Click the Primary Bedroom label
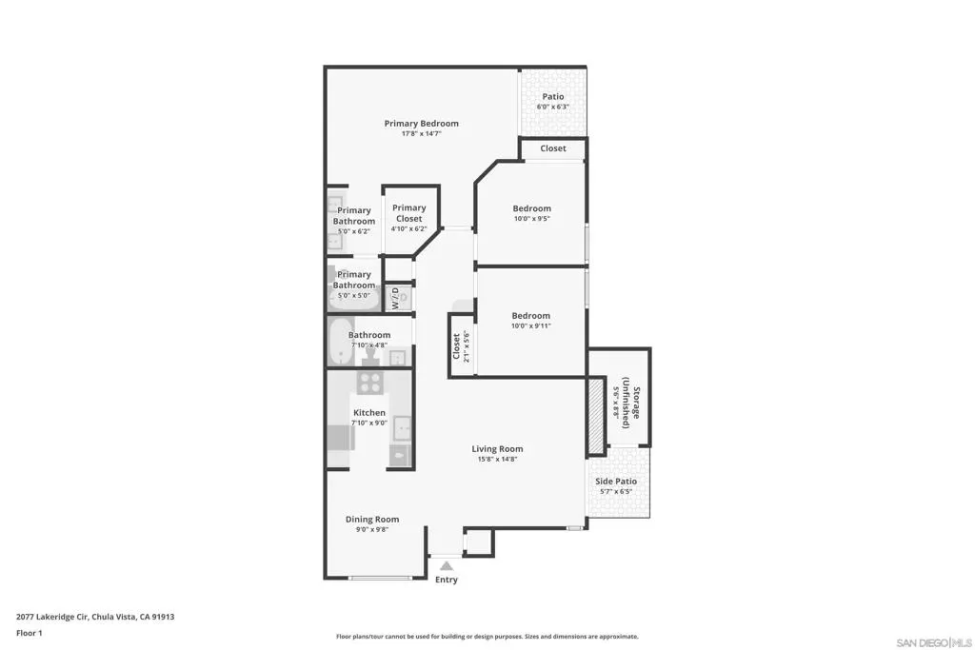pyautogui.click(x=421, y=123)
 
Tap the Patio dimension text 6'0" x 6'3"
pyautogui.click(x=553, y=107)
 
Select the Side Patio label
pyautogui.click(x=616, y=481)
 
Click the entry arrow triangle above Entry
pyautogui.click(x=447, y=565)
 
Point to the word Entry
pyautogui.click(x=447, y=580)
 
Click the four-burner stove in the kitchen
pyautogui.click(x=370, y=382)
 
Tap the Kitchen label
pyautogui.click(x=369, y=413)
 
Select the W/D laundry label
pyautogui.click(x=395, y=298)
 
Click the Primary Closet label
pyautogui.click(x=408, y=213)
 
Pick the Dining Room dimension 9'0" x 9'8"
pyautogui.click(x=372, y=529)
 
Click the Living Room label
pyautogui.click(x=497, y=448)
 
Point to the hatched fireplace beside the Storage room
pyautogui.click(x=596, y=415)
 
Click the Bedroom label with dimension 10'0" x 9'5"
pyautogui.click(x=531, y=208)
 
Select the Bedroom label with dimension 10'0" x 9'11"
pyautogui.click(x=531, y=316)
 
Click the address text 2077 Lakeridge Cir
pyautogui.click(x=52, y=617)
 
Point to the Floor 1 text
pyautogui.click(x=30, y=633)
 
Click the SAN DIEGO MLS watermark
pyautogui.click(x=933, y=642)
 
